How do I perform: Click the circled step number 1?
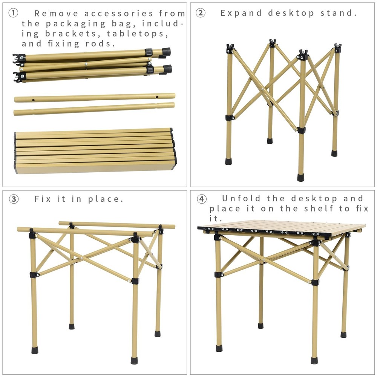point(13,13)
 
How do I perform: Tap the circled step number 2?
point(200,13)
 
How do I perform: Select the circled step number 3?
point(13,199)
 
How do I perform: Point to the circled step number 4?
point(202,199)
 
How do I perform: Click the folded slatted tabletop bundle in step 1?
point(94,151)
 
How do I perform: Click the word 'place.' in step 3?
point(106,199)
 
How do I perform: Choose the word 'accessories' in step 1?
point(119,14)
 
